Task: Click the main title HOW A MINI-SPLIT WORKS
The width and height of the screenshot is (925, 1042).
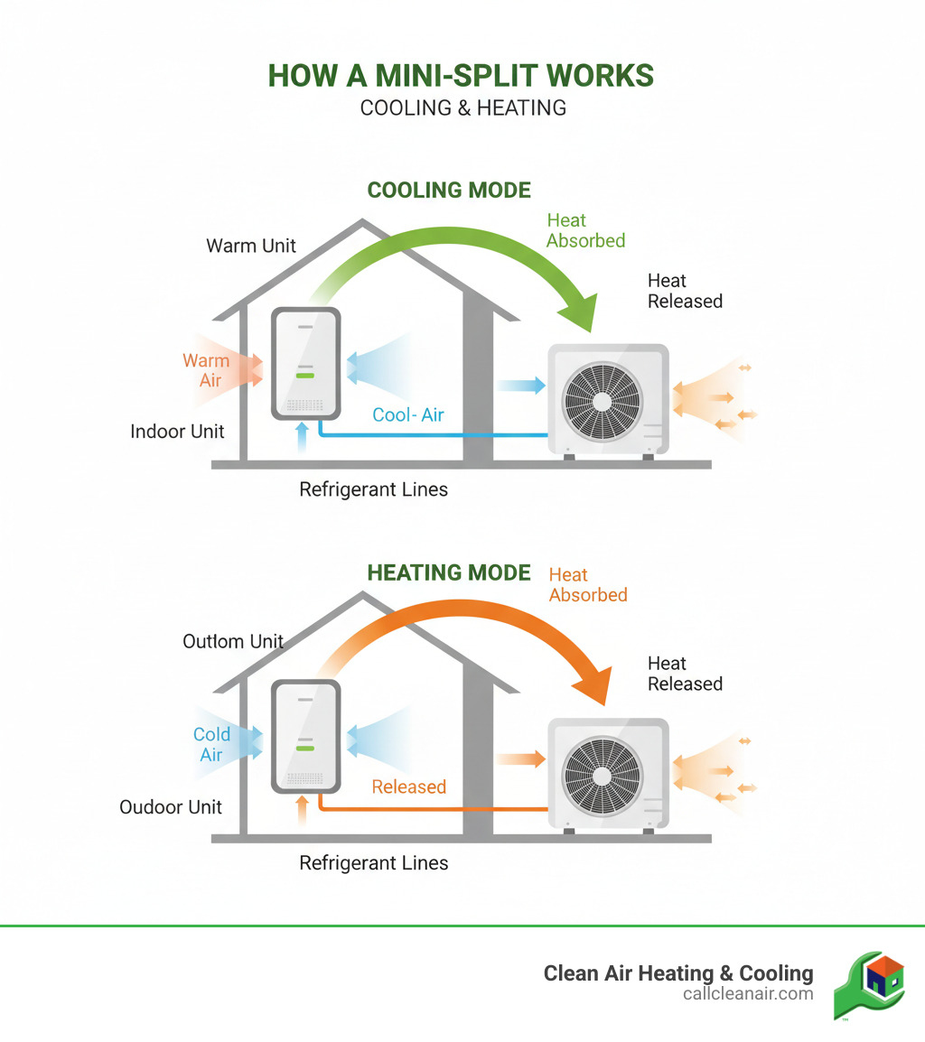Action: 461,76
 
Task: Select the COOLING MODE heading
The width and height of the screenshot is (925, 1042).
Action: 449,191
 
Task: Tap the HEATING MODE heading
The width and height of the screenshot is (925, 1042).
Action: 449,572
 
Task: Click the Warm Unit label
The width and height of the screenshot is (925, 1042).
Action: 251,246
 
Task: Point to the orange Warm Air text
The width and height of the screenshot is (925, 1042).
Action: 206,370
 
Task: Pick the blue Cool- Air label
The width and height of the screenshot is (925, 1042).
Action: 408,414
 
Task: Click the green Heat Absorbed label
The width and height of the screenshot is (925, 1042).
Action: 585,230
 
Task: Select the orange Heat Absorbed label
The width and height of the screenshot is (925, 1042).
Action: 587,585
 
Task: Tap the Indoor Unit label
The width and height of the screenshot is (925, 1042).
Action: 177,432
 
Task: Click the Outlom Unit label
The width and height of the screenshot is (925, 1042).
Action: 233,642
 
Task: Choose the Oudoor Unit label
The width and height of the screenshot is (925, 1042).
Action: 171,807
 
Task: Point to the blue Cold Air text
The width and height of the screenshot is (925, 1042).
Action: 211,744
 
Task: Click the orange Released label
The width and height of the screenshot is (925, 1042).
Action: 409,786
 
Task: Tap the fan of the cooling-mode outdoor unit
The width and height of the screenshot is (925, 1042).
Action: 601,400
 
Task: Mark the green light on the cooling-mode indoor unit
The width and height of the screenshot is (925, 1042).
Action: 304,374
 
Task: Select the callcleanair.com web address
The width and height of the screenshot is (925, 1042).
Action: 748,993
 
